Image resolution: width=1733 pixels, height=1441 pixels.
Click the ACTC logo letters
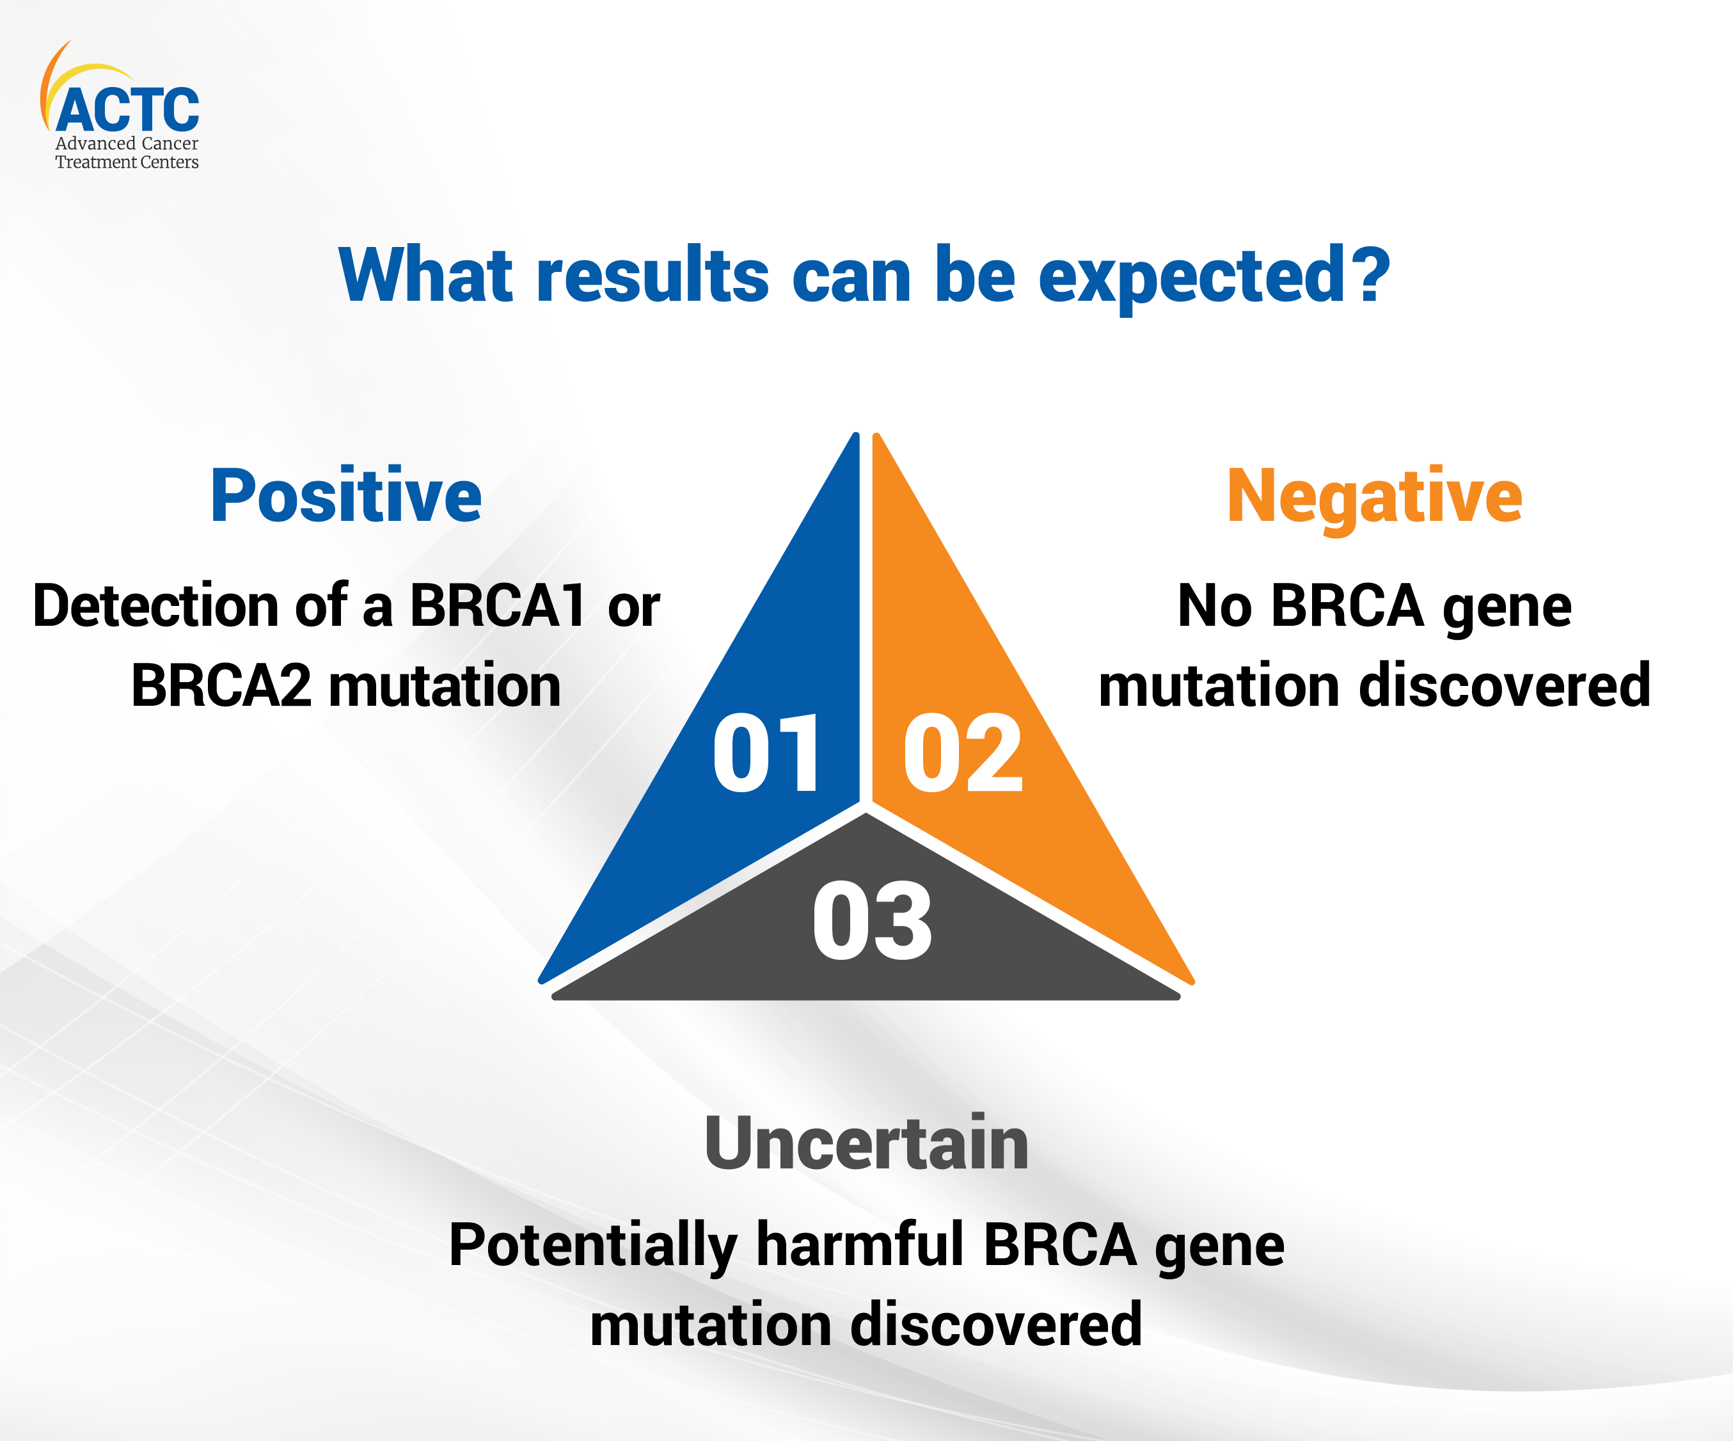128,110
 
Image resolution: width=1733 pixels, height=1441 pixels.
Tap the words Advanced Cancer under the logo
126,143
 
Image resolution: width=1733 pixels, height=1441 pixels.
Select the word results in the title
653,276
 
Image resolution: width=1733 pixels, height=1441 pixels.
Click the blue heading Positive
346,496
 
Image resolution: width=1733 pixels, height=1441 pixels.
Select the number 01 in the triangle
766,752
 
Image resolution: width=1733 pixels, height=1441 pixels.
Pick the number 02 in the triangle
963,752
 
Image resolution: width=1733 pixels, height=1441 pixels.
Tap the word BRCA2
221,686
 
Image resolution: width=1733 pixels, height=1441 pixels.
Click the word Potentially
592,1246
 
